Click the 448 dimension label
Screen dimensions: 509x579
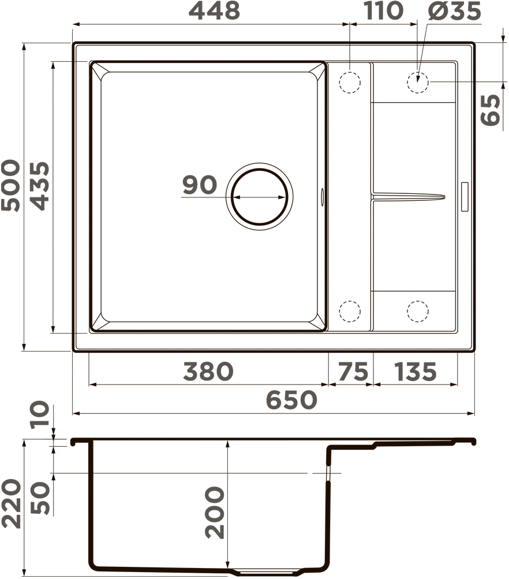point(214,10)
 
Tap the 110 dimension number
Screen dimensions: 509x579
point(384,10)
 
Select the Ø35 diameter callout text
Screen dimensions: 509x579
point(455,10)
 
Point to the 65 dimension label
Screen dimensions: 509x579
point(491,110)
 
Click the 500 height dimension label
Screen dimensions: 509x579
point(10,185)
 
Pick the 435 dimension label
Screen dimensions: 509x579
point(39,186)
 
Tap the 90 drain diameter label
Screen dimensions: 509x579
point(200,185)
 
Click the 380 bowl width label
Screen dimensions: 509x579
point(208,371)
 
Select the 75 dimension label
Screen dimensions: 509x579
point(353,371)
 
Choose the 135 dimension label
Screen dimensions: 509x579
point(416,371)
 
